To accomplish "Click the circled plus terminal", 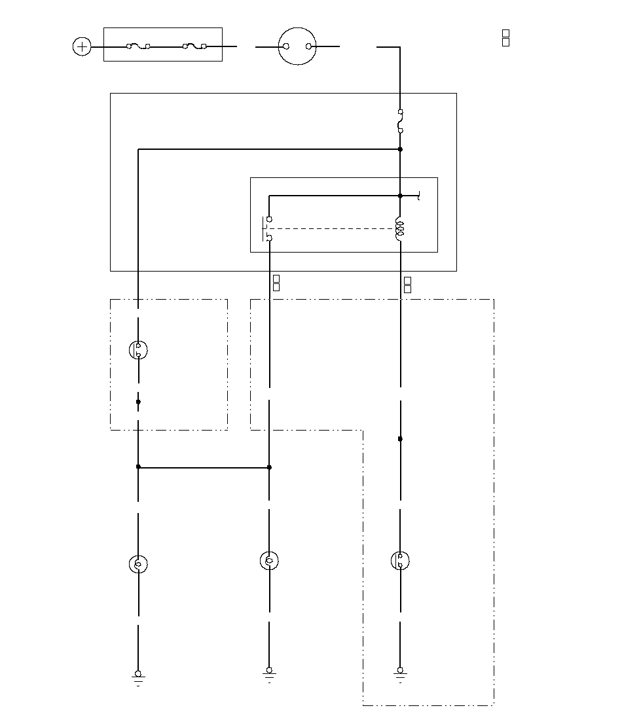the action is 82,46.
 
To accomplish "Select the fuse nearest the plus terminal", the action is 138,46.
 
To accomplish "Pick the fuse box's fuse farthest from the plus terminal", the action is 194,46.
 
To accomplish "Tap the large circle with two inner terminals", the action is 298,46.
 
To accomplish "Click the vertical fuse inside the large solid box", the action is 400,122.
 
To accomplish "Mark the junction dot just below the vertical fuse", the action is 400,150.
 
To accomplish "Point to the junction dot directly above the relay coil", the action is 400,196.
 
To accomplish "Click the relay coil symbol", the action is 400,229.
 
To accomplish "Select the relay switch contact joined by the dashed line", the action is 268,229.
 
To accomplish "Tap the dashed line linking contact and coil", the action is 334,229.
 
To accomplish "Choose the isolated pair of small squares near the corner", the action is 505,37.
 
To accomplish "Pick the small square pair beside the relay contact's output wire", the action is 276,283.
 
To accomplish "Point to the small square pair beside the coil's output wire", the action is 407,284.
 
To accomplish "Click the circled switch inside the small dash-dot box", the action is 138,350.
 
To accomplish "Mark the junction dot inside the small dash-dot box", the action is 138,402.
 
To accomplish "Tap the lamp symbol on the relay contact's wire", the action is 269,561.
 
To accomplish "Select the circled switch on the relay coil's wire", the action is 400,561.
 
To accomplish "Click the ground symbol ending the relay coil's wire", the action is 400,674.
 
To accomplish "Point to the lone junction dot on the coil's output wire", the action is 400,439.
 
